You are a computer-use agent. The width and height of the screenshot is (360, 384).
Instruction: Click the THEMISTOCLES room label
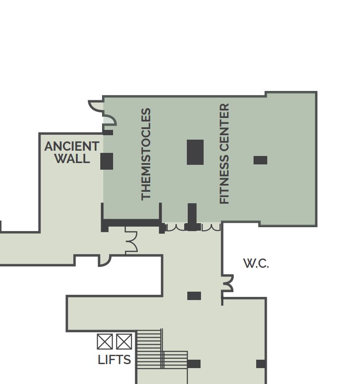[146, 154]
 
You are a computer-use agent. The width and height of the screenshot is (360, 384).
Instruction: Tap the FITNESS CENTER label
[224, 153]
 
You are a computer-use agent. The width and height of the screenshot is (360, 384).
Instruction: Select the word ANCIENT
[72, 146]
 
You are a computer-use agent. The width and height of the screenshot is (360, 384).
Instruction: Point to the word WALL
[72, 158]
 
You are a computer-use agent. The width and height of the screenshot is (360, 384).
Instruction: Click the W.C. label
[256, 263]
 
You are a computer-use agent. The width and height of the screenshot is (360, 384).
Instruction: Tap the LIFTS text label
[114, 360]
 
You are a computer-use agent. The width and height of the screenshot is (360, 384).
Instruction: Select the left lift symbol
[105, 342]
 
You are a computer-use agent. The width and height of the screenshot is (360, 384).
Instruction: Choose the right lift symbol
[124, 342]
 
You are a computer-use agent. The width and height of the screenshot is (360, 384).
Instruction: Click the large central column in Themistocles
[195, 152]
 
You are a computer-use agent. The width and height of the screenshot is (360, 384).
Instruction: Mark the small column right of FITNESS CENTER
[261, 160]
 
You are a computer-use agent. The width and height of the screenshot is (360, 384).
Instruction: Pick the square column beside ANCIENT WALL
[107, 161]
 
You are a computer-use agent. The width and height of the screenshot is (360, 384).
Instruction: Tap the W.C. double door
[228, 283]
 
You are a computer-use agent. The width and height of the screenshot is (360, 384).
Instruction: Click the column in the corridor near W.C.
[194, 296]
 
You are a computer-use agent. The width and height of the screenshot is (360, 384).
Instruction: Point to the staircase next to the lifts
[162, 349]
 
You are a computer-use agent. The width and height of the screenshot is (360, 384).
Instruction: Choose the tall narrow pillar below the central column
[192, 213]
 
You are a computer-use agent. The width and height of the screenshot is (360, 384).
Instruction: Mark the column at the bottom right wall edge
[261, 364]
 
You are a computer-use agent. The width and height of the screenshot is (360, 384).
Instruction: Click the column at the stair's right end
[194, 364]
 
